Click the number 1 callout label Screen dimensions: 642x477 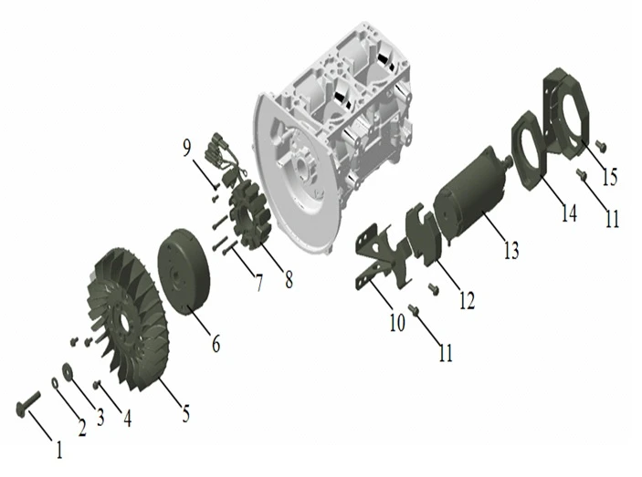[x=59, y=450]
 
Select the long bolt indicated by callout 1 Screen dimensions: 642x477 [x=28, y=402]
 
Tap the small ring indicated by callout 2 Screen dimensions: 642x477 [x=55, y=383]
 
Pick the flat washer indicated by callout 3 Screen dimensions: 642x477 [x=67, y=370]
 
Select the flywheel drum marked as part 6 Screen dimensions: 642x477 [x=184, y=272]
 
